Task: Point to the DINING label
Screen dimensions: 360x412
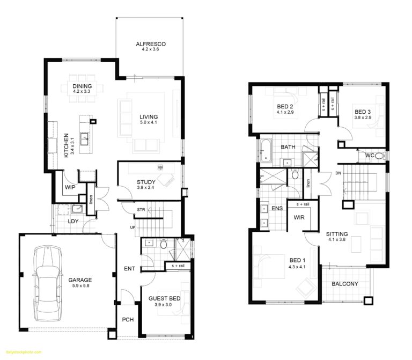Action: point(82,86)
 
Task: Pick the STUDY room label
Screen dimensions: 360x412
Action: point(145,182)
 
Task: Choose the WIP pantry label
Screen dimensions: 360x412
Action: point(69,187)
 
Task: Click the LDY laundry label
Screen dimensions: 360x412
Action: point(73,221)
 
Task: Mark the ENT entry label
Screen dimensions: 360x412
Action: point(129,269)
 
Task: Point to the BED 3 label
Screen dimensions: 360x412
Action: point(363,112)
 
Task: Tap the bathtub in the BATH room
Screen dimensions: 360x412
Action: point(267,147)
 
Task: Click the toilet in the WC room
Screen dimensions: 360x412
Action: point(379,156)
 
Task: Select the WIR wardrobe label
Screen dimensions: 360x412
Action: point(299,217)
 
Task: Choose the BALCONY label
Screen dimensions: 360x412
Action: point(345,284)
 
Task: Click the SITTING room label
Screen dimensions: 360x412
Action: point(337,234)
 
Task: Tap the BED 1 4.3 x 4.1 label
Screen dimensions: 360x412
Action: point(296,263)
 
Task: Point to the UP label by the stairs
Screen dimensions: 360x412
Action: point(133,227)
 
